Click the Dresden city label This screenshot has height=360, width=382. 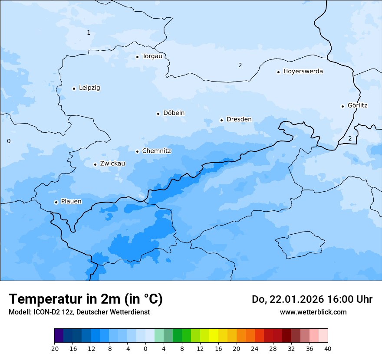[239, 119]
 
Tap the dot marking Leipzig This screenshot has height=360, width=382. [74, 88]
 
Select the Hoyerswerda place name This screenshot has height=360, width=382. [303, 71]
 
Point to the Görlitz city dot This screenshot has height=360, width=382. [342, 106]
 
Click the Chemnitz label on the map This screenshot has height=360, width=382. [156, 151]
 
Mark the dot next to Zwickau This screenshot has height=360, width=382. [95, 164]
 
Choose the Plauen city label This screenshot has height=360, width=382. [71, 201]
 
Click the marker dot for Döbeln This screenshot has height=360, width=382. [158, 114]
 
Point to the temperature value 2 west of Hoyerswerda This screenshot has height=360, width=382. [240, 65]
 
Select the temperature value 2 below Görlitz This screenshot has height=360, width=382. [350, 138]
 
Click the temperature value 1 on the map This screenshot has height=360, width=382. [89, 33]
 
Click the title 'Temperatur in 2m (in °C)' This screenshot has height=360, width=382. [86, 299]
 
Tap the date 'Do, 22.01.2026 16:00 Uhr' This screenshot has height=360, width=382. [312, 299]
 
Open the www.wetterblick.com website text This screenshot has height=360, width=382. [313, 312]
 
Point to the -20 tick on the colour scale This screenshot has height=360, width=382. [54, 348]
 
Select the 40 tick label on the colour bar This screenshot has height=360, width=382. [328, 348]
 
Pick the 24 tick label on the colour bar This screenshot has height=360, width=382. [255, 348]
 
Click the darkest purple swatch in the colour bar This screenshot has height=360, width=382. [59, 336]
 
